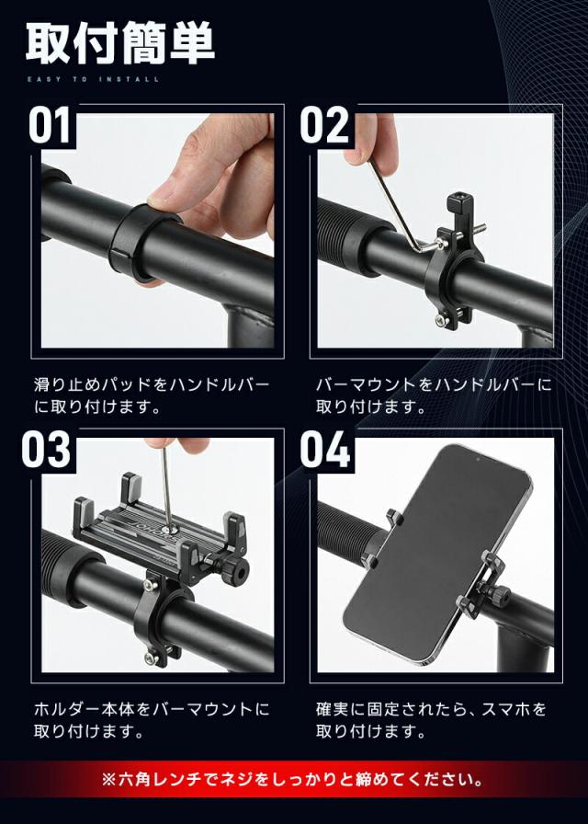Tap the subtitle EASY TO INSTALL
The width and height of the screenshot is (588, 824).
point(92,80)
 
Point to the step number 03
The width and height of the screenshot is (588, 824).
point(46,450)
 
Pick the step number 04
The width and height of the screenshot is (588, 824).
point(324,450)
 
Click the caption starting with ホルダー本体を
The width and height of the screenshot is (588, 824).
point(152,709)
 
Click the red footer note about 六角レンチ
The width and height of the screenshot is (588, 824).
point(294,781)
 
